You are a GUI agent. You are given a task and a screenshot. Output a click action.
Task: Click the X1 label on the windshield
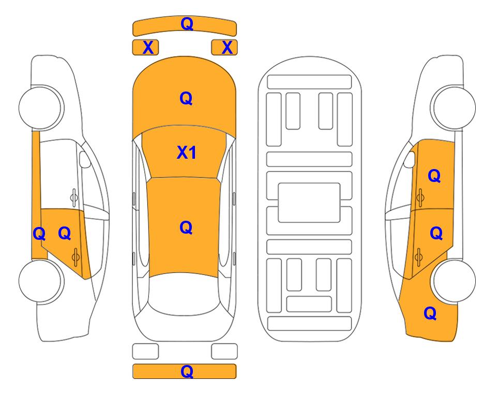[187, 152]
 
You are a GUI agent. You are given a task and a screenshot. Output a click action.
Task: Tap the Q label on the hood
[186, 98]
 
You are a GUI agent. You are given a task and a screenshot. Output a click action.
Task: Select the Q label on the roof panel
[186, 227]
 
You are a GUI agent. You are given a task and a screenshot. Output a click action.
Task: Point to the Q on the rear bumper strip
[187, 371]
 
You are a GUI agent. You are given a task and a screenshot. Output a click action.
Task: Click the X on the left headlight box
[148, 48]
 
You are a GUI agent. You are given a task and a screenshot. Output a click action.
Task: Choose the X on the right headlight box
[227, 48]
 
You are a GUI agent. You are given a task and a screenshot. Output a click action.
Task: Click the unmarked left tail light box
[145, 352]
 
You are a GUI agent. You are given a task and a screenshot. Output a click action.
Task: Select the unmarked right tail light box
[224, 352]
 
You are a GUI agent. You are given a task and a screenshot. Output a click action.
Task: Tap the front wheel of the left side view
[40, 108]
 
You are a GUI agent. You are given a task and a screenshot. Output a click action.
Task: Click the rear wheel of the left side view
[40, 281]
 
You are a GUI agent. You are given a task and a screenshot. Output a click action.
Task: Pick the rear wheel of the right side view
[454, 281]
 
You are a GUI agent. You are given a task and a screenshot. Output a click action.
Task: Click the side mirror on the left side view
[85, 159]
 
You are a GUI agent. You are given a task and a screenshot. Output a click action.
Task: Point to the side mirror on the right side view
[410, 159]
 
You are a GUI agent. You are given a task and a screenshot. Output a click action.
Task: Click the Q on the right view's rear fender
[430, 313]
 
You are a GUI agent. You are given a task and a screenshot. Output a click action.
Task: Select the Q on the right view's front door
[434, 176]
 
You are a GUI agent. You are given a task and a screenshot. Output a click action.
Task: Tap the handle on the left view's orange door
[76, 257]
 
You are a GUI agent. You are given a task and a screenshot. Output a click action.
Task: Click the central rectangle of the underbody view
[309, 203]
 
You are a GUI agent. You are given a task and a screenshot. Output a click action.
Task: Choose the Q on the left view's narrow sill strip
[39, 234]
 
